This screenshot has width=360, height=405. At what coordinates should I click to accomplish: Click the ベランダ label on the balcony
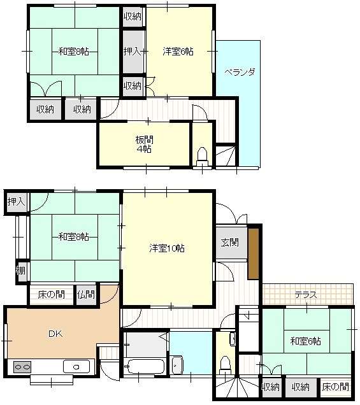pos(239,72)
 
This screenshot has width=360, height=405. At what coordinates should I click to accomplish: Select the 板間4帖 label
pos(143,144)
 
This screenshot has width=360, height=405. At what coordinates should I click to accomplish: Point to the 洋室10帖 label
pos(167,248)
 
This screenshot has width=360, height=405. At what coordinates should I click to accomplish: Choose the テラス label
pos(306,294)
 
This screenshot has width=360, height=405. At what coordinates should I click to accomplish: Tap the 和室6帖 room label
pos(306,341)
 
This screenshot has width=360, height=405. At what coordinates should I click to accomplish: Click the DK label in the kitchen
pos(54,333)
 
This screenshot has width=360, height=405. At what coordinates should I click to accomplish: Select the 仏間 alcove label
pos(85,294)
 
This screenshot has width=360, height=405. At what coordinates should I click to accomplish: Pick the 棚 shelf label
pos(22,271)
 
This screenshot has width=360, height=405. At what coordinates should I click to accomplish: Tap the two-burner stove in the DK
pos(22,367)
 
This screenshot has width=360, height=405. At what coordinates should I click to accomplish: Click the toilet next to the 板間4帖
pos(203,154)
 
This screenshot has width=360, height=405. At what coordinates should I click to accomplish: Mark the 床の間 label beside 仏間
pos(51,294)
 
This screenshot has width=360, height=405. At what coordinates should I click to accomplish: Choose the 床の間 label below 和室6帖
pos(335,386)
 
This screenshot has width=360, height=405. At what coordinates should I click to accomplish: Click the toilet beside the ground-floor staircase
pos(224,364)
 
